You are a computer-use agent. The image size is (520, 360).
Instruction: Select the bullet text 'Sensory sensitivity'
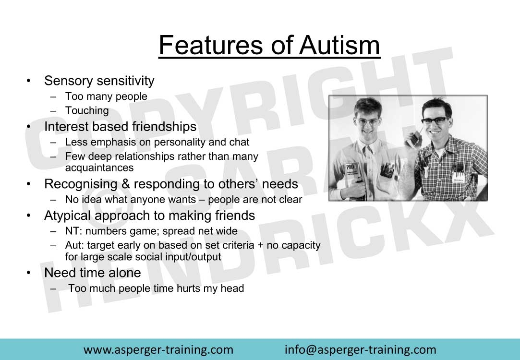tap(99, 81)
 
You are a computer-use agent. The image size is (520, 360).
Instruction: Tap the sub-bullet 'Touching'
tap(87, 111)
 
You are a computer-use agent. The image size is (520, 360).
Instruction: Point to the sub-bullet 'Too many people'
tap(106, 96)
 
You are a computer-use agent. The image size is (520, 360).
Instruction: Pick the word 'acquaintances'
tap(99, 168)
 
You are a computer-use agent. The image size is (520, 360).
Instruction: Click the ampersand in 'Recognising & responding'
tap(125, 184)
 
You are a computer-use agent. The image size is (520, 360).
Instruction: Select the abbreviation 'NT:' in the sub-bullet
tap(73, 231)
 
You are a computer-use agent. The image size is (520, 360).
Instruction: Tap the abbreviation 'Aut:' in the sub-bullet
tap(74, 245)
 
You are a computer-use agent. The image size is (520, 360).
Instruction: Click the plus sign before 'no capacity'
tap(261, 246)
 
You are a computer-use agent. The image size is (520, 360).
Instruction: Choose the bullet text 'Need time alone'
tap(93, 273)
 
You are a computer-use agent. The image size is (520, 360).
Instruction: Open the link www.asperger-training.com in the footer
tap(158, 350)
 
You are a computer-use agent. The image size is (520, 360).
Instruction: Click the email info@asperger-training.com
tap(360, 350)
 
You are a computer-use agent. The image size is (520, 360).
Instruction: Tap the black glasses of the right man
tap(435, 121)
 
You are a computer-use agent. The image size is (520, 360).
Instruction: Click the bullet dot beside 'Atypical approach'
tap(29, 216)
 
